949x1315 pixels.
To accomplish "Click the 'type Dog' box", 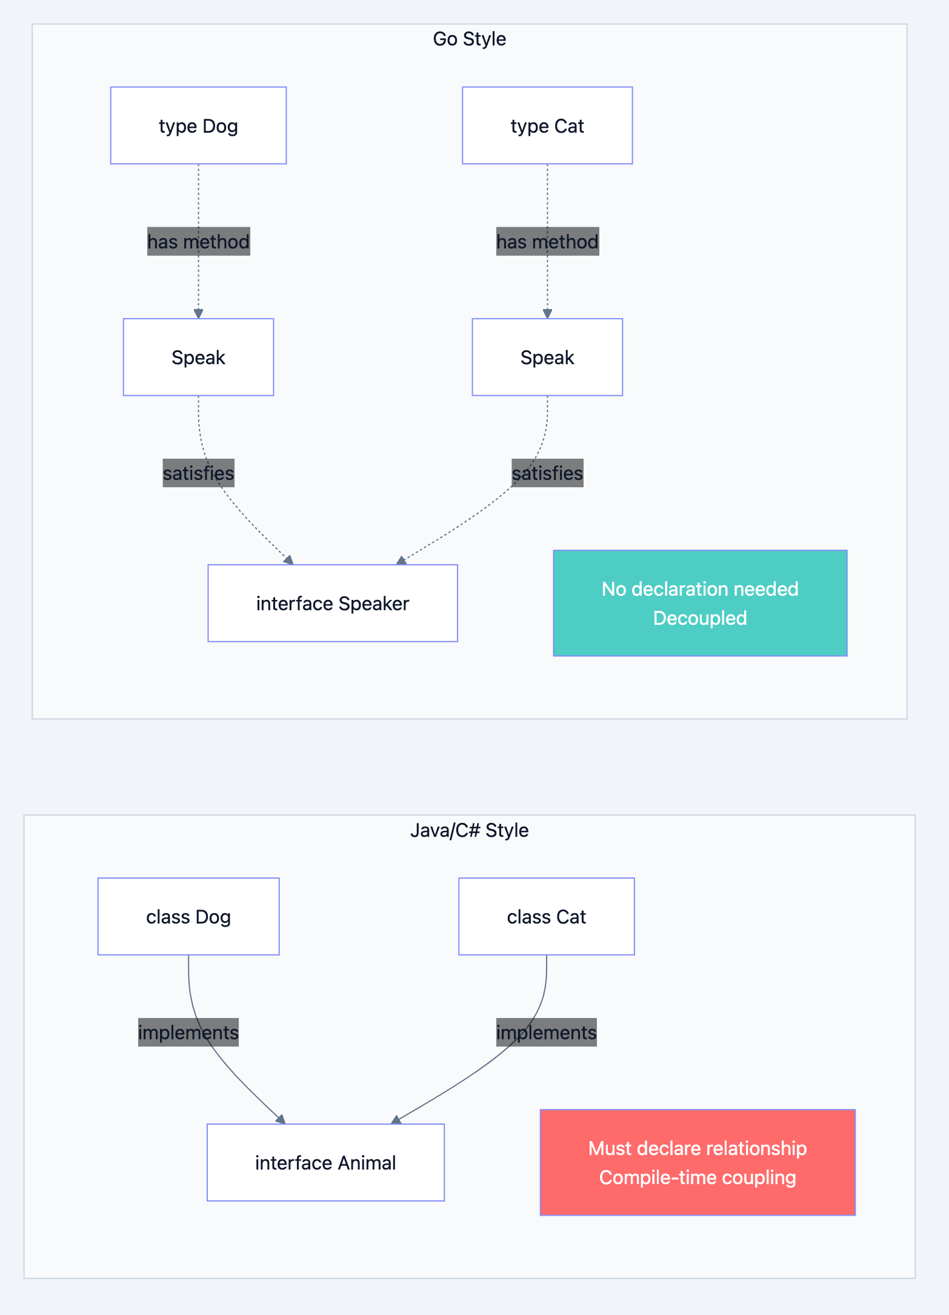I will [x=198, y=125].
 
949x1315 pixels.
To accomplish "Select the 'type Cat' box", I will [x=547, y=125].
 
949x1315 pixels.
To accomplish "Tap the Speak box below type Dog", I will [x=198, y=357].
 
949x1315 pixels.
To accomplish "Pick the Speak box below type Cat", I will [x=547, y=357].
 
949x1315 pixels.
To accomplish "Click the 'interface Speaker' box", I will [x=333, y=603].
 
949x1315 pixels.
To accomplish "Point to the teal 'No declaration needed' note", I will [x=700, y=602].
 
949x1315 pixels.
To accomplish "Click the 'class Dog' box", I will [x=188, y=916].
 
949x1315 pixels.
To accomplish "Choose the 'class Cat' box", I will [x=547, y=916].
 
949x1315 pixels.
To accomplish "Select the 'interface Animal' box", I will [x=325, y=1162].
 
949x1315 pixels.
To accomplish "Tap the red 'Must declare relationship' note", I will [x=698, y=1162].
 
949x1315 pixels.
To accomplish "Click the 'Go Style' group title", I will [x=470, y=39].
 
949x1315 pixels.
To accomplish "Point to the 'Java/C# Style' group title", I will [x=470, y=830].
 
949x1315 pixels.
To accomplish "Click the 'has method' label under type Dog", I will [x=198, y=241].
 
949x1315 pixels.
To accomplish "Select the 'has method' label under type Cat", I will [x=547, y=241].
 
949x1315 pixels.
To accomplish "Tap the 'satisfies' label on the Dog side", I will [x=198, y=473].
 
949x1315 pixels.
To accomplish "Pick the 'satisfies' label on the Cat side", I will [x=547, y=473].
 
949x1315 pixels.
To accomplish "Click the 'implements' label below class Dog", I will [x=188, y=1032].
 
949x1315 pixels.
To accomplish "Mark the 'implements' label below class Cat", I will [x=547, y=1032].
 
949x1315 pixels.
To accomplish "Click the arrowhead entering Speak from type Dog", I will [x=198, y=313].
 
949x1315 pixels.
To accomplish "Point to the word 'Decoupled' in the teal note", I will [x=700, y=618].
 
